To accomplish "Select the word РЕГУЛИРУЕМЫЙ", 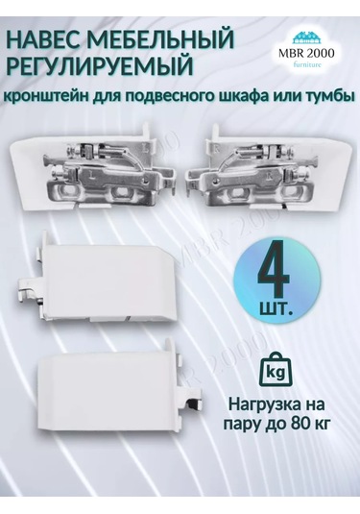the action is point(100,65).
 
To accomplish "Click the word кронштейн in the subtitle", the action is point(47,97).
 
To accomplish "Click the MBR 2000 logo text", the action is point(306,53).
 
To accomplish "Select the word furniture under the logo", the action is point(307,64).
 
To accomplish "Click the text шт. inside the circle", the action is point(276,307).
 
